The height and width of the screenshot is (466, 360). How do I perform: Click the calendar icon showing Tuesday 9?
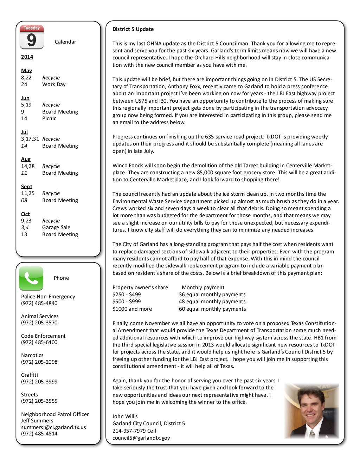coord(32,37)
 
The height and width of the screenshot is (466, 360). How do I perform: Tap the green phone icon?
coord(31,278)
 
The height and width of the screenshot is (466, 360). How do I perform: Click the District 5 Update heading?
coord(133,29)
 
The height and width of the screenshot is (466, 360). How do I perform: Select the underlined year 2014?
coord(27,57)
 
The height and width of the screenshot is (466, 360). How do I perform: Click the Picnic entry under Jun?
coord(49,118)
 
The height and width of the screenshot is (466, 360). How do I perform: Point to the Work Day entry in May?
coord(54,84)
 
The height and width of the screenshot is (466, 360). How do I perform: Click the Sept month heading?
coord(26,187)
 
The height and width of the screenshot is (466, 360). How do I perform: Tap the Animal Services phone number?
coord(39,323)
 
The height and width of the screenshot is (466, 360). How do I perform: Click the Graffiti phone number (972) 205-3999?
coord(39,382)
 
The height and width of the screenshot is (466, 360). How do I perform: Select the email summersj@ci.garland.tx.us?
coord(53,427)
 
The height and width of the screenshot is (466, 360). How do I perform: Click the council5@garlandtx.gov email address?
coord(141,438)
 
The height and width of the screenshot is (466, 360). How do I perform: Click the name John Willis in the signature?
coord(125,416)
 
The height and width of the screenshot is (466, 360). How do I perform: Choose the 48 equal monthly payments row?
coord(212,302)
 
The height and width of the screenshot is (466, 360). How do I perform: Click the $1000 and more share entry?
coord(132,309)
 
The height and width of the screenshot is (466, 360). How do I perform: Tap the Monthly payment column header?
coord(203,287)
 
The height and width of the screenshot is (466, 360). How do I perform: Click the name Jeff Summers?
coord(37,421)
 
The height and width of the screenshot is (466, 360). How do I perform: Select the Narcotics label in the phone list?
coord(32,355)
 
